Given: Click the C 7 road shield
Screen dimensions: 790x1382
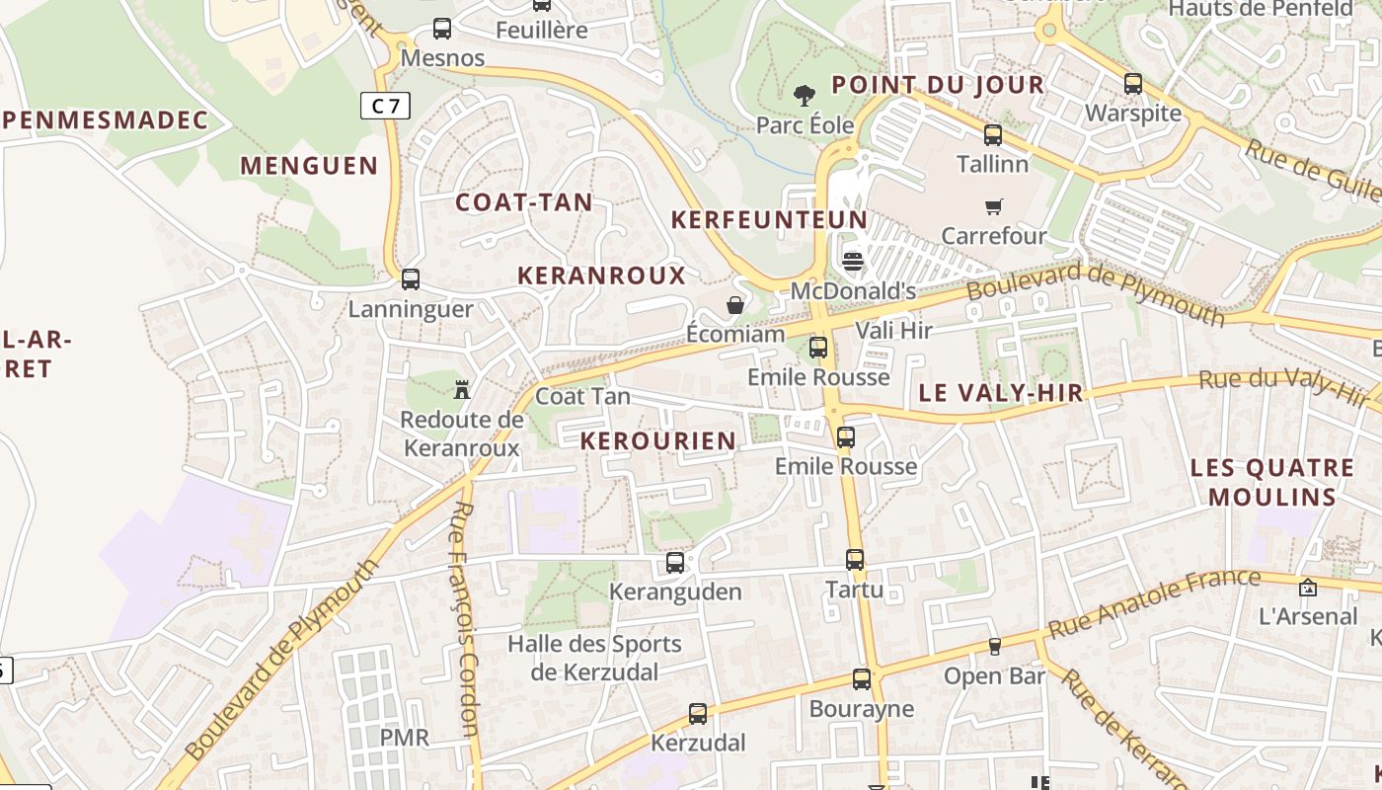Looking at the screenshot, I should coord(385,105).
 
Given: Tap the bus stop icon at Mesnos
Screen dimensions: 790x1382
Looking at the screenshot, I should coord(442,29).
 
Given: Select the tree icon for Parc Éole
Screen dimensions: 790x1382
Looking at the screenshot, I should coord(805,96).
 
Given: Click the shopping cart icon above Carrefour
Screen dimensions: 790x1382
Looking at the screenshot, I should coord(993,206).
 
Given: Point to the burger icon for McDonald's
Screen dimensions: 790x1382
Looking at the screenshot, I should coord(854,262).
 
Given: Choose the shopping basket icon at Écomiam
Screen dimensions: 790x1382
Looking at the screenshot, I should coord(735,305).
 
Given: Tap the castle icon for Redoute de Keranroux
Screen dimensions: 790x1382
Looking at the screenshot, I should coord(461,389).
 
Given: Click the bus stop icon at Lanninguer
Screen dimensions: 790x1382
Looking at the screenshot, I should coord(411,279).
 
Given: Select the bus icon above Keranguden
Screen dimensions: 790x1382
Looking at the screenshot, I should coord(675,563).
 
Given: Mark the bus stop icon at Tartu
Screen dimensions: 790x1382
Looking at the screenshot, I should coord(855,560).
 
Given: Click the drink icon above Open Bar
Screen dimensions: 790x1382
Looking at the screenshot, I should coord(995,647).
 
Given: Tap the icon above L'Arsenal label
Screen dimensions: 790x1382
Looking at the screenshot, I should coord(1308,588).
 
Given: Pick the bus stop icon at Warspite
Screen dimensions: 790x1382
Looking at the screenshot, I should coord(1133,84).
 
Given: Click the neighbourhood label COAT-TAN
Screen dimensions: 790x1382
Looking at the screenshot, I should coord(524,202).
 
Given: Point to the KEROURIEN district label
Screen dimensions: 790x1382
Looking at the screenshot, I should coord(658,440).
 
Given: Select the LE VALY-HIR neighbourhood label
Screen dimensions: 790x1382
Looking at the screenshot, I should coord(1001,393).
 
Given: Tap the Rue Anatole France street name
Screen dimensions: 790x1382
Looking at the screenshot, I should coord(1154,602).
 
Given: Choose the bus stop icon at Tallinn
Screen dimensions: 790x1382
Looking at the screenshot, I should coord(993,135).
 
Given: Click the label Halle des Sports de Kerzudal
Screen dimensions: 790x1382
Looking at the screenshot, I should coord(594,658).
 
